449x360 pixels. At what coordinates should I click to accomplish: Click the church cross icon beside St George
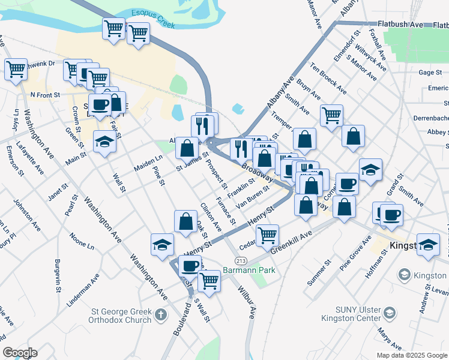coord(160,314)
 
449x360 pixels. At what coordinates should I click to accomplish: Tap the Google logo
coord(19,353)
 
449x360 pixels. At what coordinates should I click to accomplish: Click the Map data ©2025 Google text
coord(411,355)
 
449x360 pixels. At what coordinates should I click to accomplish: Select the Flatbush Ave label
coord(406,25)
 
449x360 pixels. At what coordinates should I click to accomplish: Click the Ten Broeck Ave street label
coord(328,78)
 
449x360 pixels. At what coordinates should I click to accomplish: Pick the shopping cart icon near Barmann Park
coord(209,280)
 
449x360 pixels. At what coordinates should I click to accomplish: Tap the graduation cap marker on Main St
coord(104,142)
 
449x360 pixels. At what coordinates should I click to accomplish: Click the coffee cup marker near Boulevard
coord(190,265)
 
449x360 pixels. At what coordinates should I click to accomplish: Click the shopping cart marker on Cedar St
coord(267,235)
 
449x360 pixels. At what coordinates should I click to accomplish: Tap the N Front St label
coord(46,95)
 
